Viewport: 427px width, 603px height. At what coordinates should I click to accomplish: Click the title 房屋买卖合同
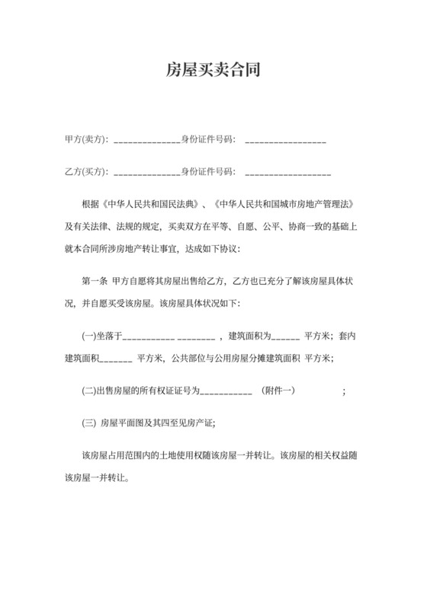click(213, 72)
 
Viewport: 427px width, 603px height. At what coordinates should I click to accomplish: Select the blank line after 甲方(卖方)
click(146, 142)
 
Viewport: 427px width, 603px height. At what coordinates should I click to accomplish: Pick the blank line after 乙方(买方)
click(146, 174)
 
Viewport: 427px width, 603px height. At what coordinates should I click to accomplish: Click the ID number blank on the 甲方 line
click(286, 142)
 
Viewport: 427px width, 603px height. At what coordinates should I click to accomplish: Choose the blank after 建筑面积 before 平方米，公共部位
click(115, 359)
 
